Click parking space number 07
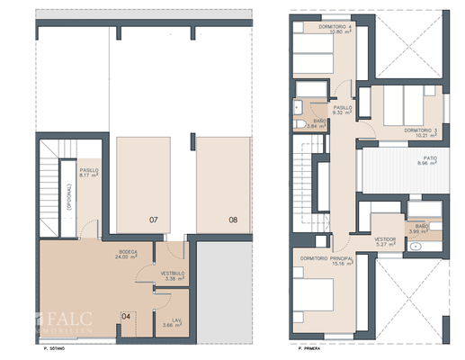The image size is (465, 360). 153,219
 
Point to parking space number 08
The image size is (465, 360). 233,219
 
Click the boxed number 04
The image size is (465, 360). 127,315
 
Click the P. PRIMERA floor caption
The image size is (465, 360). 302,346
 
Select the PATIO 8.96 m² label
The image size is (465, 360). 427,161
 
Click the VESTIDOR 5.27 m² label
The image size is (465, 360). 386,240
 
